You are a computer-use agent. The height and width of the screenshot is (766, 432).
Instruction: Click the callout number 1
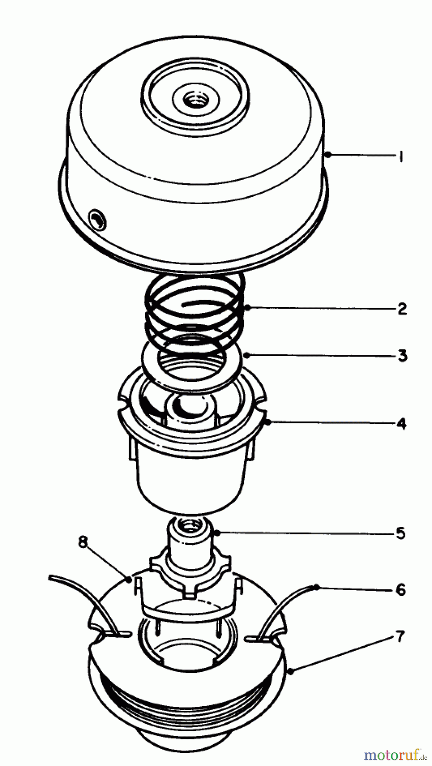point(401,157)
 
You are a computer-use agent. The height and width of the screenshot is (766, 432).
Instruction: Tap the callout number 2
point(402,308)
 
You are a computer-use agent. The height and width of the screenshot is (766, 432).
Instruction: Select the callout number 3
point(402,355)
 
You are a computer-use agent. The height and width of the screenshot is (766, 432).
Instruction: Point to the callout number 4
point(401,424)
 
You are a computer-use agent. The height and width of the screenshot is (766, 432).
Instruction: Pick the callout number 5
point(401,533)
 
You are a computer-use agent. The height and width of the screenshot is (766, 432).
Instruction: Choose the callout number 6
point(401,589)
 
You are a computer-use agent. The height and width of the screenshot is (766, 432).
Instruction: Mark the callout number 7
point(400,637)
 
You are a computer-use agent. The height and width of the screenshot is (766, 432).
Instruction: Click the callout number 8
point(83,542)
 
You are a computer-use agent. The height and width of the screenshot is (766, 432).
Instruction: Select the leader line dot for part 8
point(129,578)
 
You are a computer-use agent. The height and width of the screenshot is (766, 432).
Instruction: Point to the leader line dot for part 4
point(268,422)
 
